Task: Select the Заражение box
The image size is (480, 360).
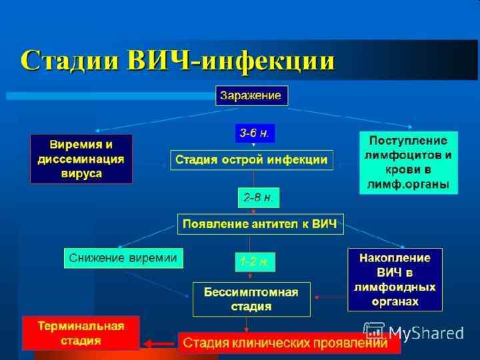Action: [251, 95]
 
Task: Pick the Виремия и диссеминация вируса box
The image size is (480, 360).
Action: [81, 159]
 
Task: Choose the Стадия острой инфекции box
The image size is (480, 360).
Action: [252, 160]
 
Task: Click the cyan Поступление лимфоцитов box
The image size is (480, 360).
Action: [409, 162]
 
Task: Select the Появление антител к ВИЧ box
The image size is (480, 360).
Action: [260, 224]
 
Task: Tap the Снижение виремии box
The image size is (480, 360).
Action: [124, 258]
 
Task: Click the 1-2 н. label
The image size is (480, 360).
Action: [254, 262]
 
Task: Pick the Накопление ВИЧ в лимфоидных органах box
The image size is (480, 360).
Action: [395, 279]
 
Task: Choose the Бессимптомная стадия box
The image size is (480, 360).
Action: [251, 299]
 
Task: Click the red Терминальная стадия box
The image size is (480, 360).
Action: [81, 333]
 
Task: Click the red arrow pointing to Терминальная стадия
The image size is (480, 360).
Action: [159, 344]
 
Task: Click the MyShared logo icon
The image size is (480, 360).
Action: [374, 331]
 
